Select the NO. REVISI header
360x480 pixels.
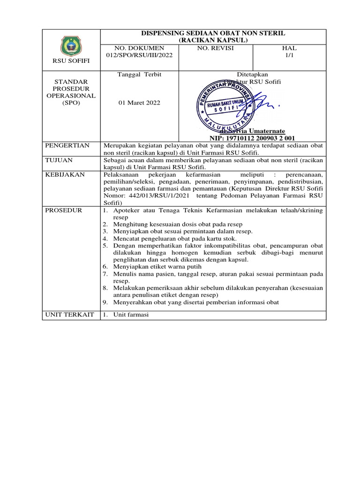[215, 48]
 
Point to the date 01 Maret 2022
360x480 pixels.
[140, 103]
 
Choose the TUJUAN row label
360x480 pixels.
[60, 160]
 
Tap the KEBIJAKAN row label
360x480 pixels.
[65, 174]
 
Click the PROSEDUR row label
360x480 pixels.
[63, 210]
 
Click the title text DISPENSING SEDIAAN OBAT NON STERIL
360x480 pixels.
[213, 33]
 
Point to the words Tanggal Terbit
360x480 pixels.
[140, 75]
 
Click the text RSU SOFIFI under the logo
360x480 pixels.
[71, 61]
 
